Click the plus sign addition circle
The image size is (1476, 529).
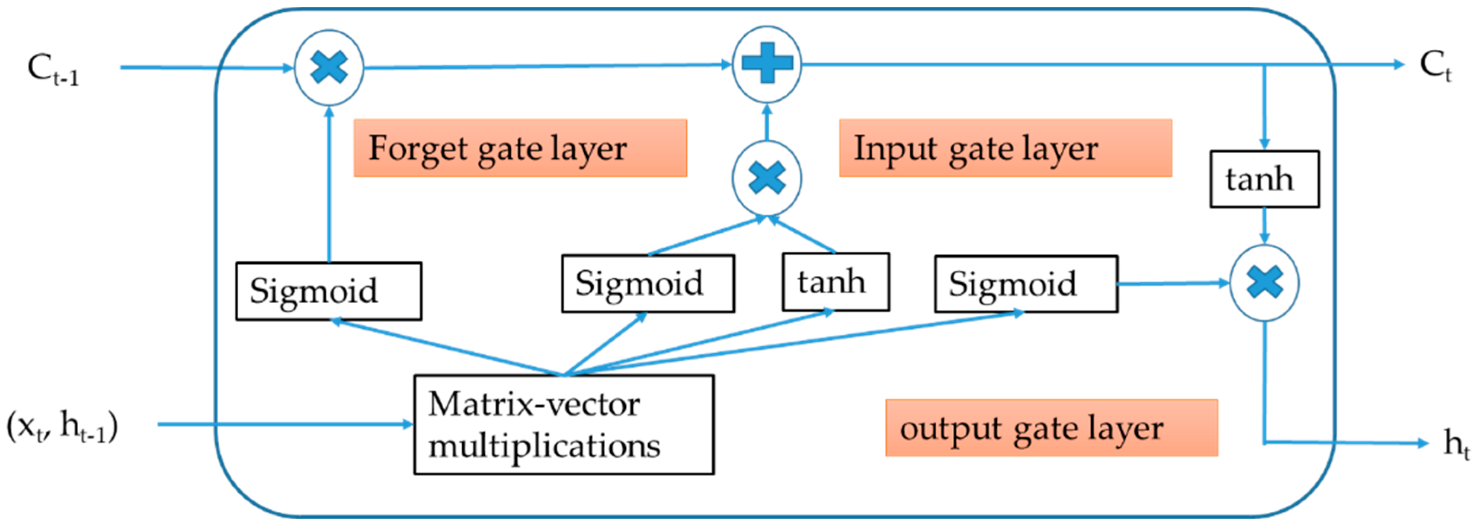767,64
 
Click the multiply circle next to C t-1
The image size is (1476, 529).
329,67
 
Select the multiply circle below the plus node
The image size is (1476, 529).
767,178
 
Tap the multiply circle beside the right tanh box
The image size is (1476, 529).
1264,282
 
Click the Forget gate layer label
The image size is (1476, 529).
520,148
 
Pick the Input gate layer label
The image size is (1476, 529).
1005,148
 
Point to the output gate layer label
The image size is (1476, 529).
1051,428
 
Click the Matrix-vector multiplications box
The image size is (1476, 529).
564,425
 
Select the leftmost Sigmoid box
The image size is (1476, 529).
328,291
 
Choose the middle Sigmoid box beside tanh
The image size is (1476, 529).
647,284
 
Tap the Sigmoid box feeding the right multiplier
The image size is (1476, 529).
1026,284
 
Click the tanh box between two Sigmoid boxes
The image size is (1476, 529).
836,282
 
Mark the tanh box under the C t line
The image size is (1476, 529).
1264,179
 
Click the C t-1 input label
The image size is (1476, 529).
53,69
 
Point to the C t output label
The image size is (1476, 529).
1435,65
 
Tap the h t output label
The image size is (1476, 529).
1455,443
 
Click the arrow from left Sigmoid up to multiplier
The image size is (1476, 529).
329,183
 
